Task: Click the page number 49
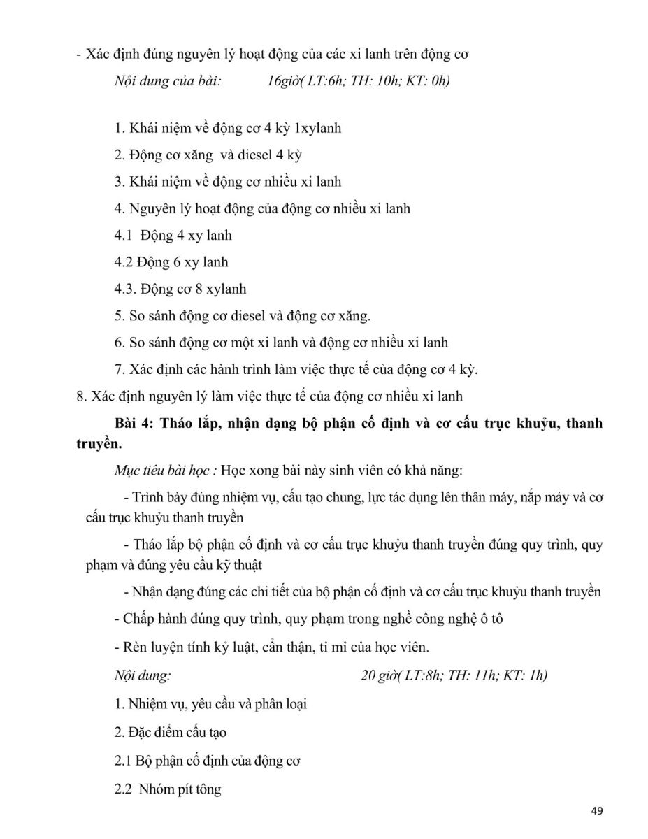[x=596, y=811]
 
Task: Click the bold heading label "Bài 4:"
[x=138, y=424]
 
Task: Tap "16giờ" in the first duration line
[x=283, y=81]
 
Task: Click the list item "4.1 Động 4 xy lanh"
[x=173, y=236]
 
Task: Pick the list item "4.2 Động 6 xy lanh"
[x=171, y=262]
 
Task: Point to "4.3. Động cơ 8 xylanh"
[x=180, y=289]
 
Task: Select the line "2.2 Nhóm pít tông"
[x=168, y=789]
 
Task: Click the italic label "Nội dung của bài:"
[x=168, y=81]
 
